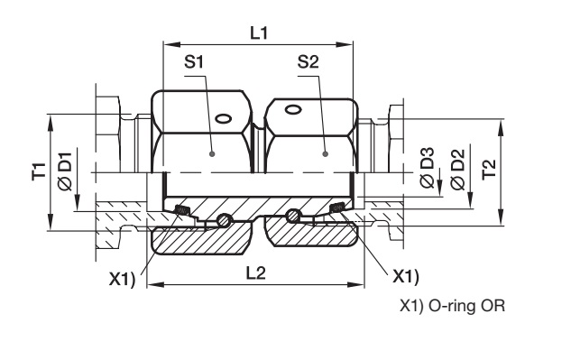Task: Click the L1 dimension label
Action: pos(259,33)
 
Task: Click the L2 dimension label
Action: pos(256,273)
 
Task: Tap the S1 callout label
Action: pos(194,62)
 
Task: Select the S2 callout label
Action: pos(309,62)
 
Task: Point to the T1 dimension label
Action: pos(40,171)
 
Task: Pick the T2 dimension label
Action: pos(489,169)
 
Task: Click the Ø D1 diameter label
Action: pos(66,171)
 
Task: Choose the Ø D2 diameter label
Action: pos(457,170)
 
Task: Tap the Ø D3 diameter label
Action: pos(428,168)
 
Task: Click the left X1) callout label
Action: pos(123,280)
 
